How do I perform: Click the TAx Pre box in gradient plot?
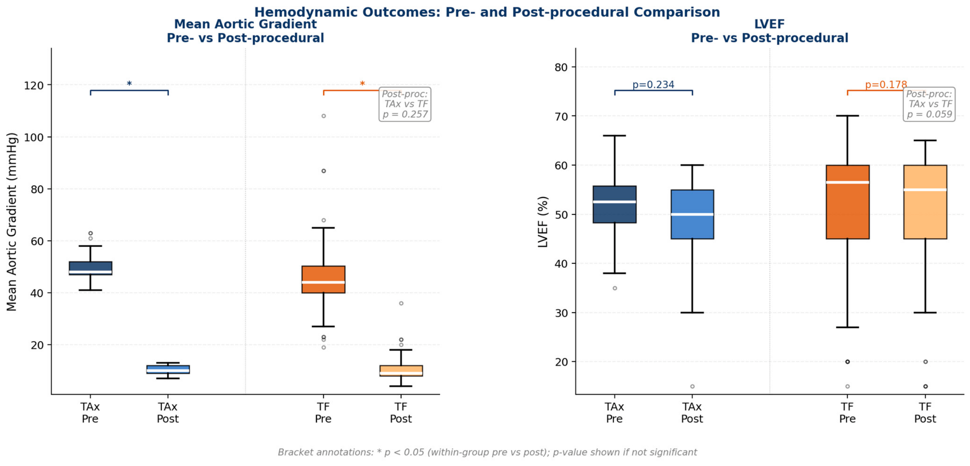point(90,268)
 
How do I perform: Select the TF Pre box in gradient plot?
point(323,279)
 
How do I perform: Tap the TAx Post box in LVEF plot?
point(692,214)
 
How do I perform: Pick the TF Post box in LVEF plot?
point(925,202)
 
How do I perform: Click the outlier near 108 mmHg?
point(324,116)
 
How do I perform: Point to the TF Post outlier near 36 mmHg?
point(401,303)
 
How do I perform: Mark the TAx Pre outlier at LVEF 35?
point(615,288)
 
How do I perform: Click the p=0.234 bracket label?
point(653,85)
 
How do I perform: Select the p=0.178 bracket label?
point(886,85)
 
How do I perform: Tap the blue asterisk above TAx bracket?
point(129,84)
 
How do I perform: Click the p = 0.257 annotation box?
point(405,104)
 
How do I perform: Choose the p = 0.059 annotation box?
point(929,104)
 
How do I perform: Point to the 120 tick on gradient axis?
point(34,85)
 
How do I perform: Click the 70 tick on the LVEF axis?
point(561,116)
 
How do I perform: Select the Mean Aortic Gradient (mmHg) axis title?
point(12,222)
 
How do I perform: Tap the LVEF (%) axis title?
point(543,222)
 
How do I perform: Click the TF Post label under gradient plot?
point(401,413)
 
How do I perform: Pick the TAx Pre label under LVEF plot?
point(614,413)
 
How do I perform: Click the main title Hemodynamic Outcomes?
point(487,12)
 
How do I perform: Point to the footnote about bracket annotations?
point(487,452)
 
